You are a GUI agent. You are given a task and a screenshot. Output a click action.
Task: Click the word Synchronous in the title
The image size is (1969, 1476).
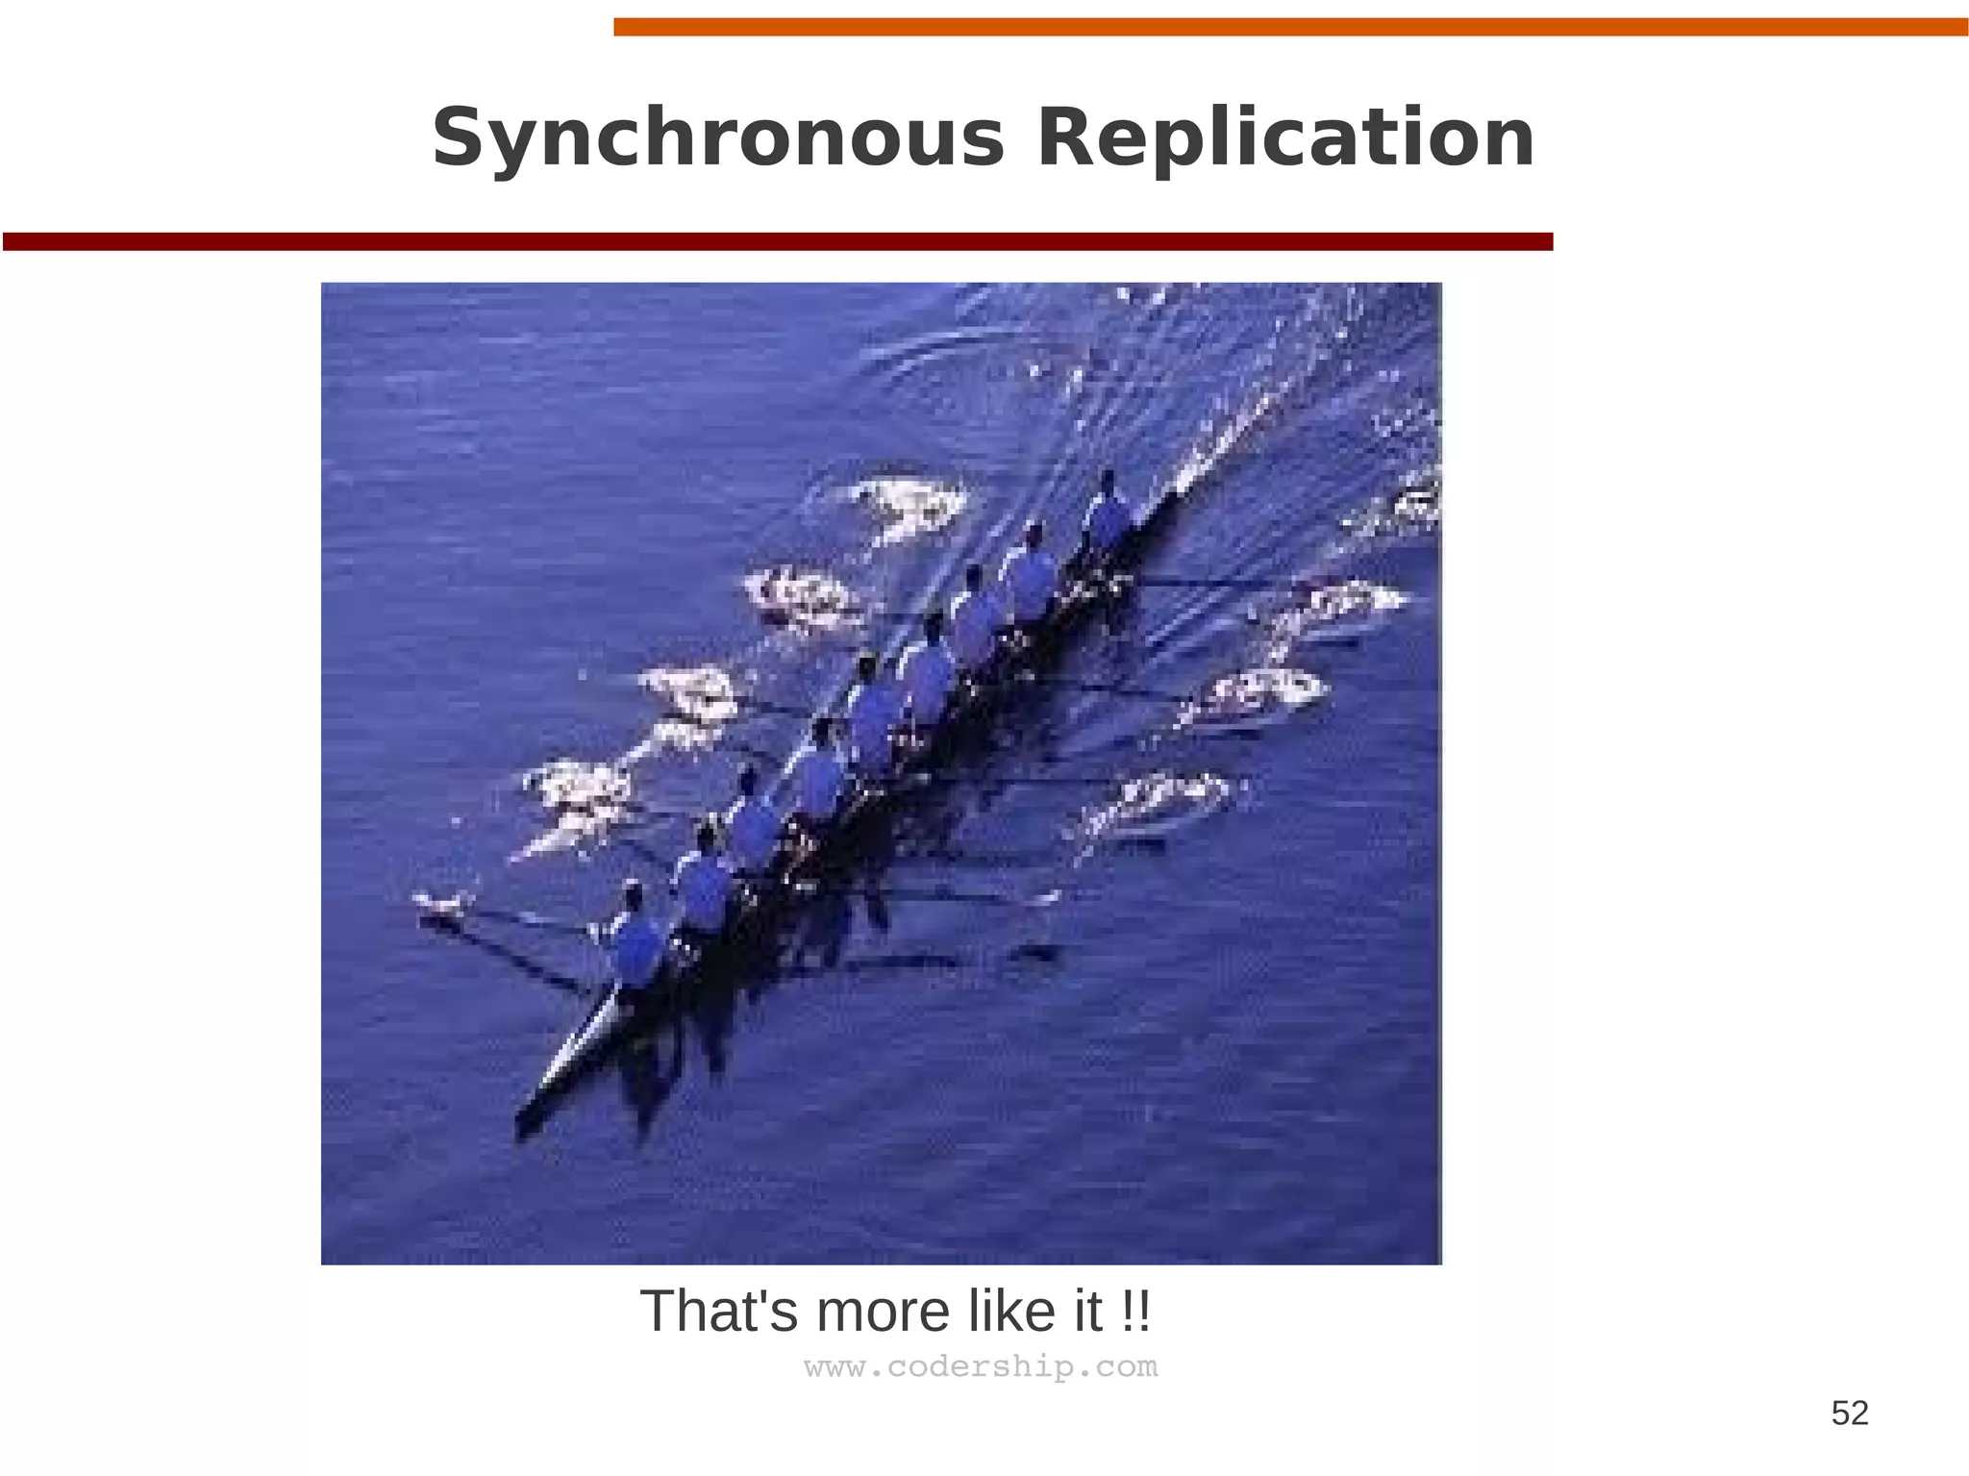coord(717,139)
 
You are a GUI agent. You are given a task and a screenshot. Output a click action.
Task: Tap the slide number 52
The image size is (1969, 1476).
coord(1849,1413)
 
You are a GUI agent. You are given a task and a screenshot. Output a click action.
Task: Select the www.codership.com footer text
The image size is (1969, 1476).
coord(981,1366)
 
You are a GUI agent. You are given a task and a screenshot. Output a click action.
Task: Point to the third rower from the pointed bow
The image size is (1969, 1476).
coord(755,817)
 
